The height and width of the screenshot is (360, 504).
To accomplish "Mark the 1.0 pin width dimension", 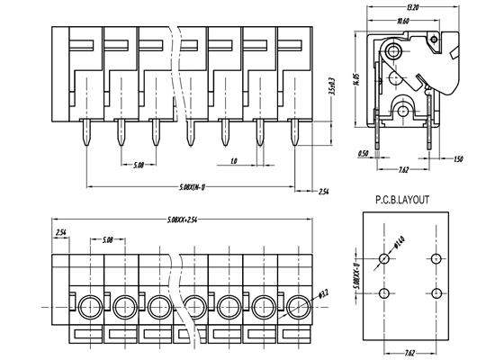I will (233, 162).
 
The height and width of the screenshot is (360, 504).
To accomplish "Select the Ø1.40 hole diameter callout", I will (399, 243).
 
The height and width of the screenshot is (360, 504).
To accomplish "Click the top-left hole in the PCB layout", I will (384, 259).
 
